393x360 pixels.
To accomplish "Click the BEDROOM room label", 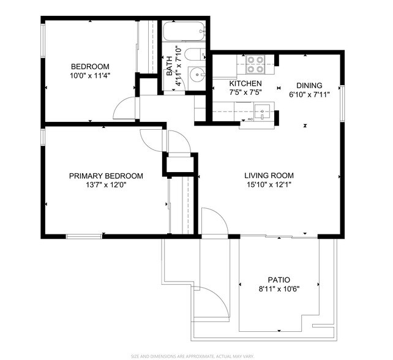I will [90, 67].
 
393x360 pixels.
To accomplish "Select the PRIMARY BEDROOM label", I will [106, 176].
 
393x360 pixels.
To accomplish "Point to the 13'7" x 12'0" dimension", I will [106, 186].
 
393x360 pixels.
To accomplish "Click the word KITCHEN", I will [245, 84].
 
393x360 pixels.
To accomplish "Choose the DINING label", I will [309, 86].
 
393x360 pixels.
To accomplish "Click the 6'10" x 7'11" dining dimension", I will [309, 95].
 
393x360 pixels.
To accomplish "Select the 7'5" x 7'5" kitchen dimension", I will [245, 93].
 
